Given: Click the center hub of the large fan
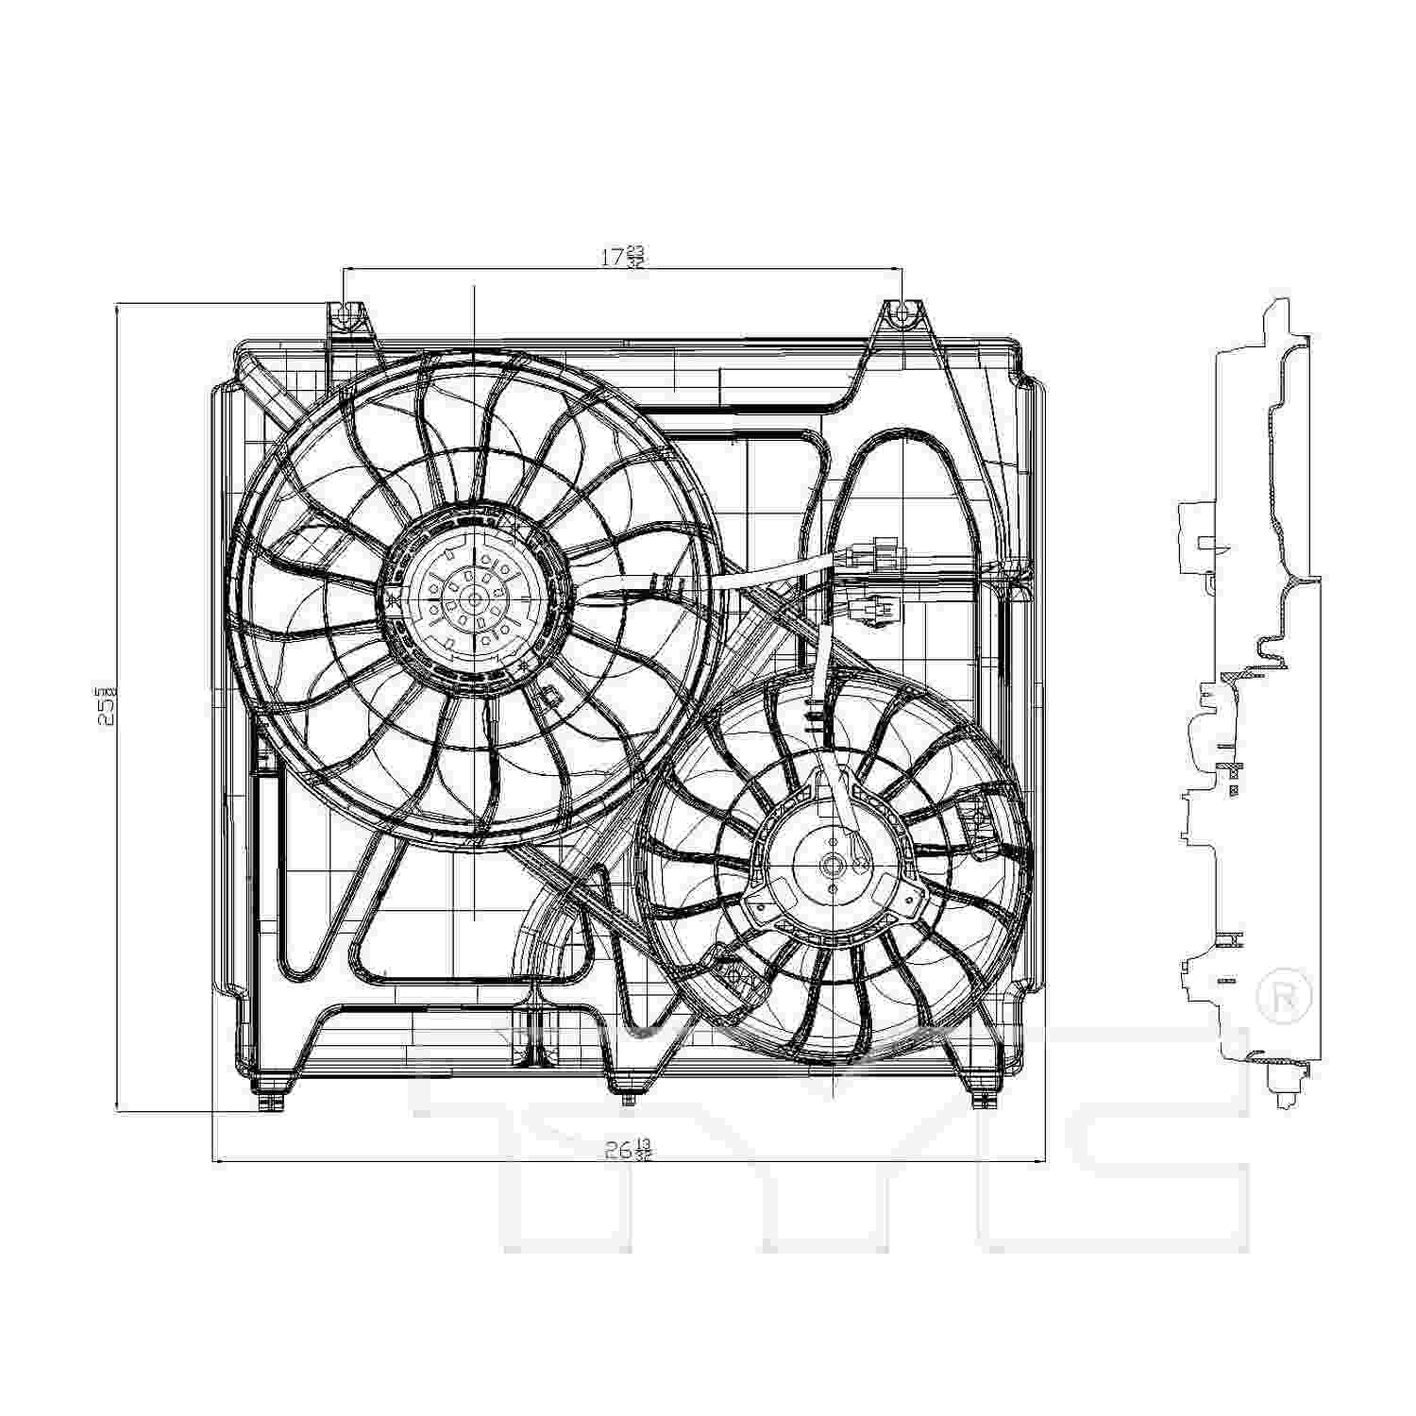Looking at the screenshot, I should (473, 597).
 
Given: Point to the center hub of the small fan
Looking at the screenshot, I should (834, 863).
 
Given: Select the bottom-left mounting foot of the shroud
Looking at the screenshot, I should (271, 1100).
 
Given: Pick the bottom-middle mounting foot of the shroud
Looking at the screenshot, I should (626, 1095).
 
